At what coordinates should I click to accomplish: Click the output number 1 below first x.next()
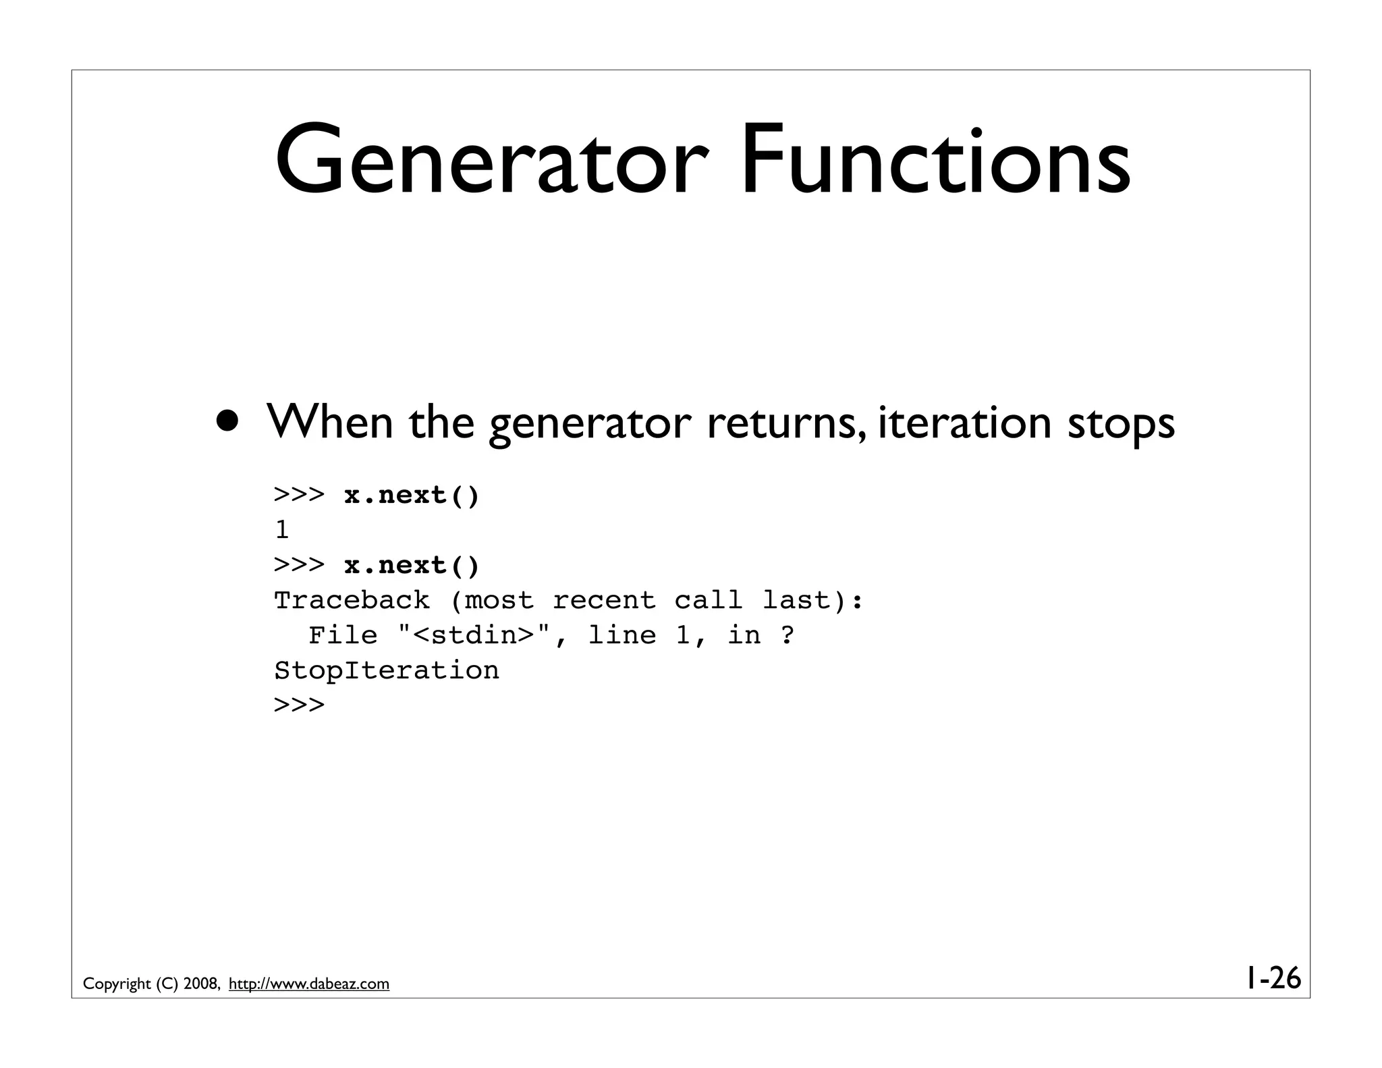point(282,530)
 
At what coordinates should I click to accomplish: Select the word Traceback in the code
point(352,600)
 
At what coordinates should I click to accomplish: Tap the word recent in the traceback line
point(603,600)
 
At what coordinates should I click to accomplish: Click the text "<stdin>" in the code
point(474,635)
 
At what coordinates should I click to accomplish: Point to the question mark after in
point(787,635)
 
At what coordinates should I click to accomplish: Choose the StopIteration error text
point(387,670)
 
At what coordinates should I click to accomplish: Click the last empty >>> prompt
point(299,705)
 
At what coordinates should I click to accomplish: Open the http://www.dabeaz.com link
point(309,984)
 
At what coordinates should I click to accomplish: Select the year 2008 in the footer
point(200,984)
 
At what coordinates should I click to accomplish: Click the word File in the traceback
point(343,635)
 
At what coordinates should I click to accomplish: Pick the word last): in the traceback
point(813,600)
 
